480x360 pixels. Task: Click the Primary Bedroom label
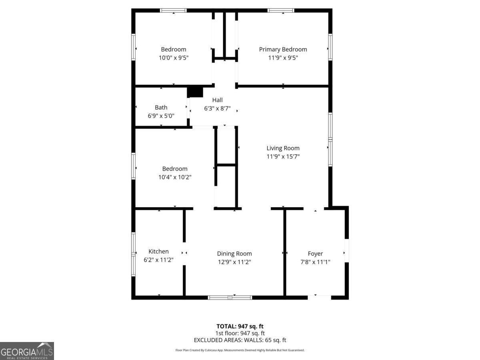(x=283, y=50)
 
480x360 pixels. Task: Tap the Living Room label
(x=283, y=148)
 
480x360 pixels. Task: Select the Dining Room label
(x=234, y=254)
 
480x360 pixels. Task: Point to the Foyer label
(x=315, y=254)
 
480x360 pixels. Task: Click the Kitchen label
(x=158, y=252)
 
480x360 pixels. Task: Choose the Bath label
(x=161, y=108)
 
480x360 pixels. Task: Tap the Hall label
(x=217, y=100)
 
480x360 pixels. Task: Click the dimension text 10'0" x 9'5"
(x=174, y=58)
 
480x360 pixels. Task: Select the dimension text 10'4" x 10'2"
(x=175, y=177)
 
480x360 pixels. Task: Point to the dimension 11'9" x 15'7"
(x=283, y=156)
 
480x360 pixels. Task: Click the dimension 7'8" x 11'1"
(x=315, y=262)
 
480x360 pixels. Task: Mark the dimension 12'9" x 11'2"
(x=234, y=262)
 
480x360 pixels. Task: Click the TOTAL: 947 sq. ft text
(x=240, y=326)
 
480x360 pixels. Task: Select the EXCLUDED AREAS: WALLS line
(x=240, y=340)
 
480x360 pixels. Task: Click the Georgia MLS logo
(x=27, y=351)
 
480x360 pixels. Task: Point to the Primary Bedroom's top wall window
(x=281, y=10)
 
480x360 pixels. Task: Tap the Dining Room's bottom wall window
(x=230, y=297)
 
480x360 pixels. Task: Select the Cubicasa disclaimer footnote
(x=240, y=350)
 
